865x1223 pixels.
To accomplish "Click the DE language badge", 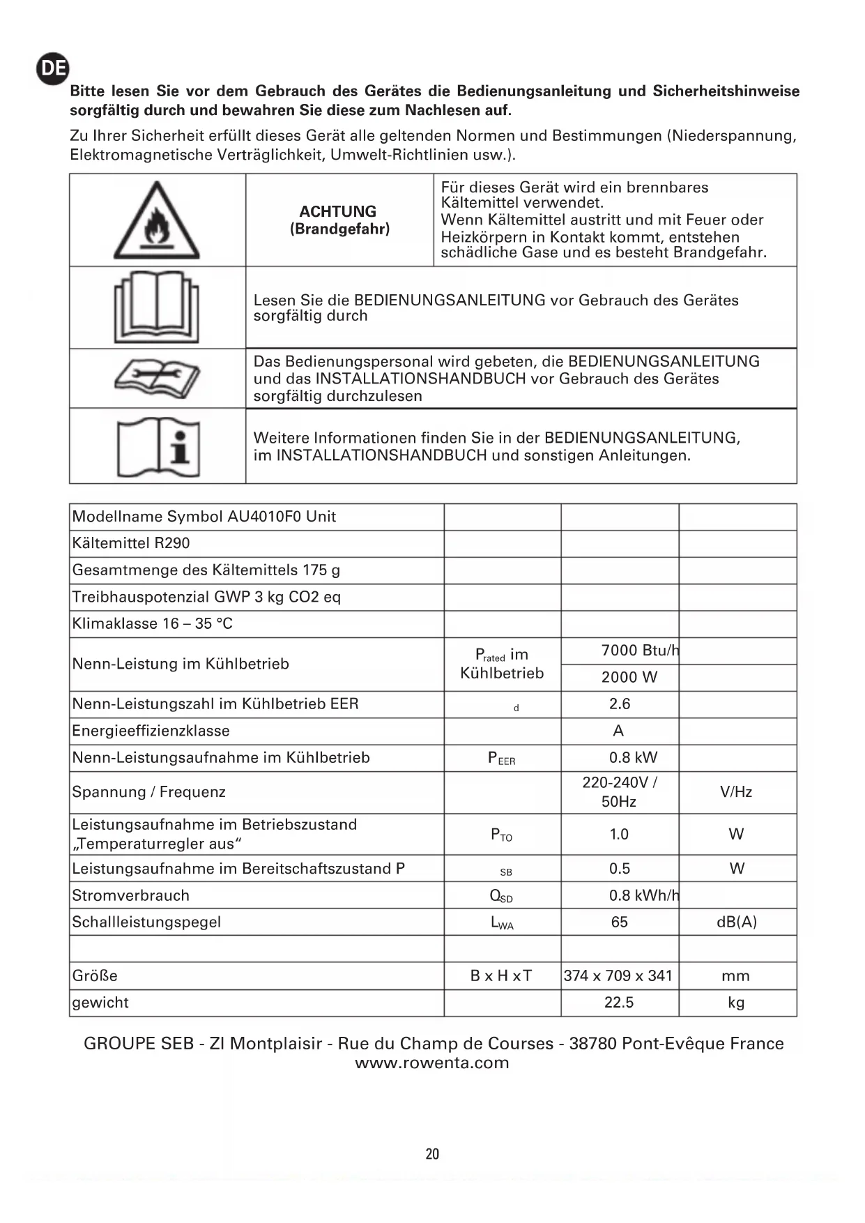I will (53, 68).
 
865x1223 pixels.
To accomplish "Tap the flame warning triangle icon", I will (157, 221).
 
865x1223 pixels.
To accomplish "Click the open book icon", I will (157, 307).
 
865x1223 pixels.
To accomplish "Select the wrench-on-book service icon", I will (157, 379).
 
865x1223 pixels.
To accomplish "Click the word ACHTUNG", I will (338, 211).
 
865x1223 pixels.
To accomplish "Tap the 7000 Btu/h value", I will (640, 651).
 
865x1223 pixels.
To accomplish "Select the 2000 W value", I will (629, 677).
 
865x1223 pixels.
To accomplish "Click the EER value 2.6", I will (620, 704).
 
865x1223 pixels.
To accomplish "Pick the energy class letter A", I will (618, 731).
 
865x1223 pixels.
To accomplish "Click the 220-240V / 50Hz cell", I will (619, 792).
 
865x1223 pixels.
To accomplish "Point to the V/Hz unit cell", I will (736, 792).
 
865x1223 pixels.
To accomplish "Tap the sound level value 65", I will (619, 922).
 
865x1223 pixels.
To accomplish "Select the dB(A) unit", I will (737, 922).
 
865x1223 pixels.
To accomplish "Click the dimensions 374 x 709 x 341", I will (618, 975).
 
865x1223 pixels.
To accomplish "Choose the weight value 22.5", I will (619, 1002).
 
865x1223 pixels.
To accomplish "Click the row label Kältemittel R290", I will (131, 543).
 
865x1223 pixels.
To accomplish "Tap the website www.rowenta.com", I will (432, 1063).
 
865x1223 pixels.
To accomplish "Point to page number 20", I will (432, 1154).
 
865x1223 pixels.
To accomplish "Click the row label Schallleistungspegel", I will (146, 922).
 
